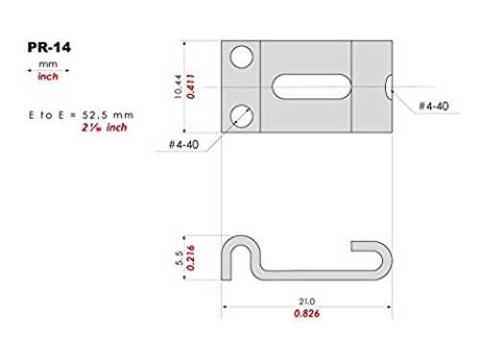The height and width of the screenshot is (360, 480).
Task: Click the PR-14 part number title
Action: pos(49,47)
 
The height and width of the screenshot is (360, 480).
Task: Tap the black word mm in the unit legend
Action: pos(48,64)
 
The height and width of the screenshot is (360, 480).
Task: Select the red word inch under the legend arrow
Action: pos(48,77)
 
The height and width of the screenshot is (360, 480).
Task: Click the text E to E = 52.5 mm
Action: pos(81,115)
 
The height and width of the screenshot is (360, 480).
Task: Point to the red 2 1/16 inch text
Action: pos(105,128)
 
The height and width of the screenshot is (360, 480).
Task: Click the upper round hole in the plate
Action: pos(242,57)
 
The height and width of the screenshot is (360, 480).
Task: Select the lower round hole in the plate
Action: pos(242,116)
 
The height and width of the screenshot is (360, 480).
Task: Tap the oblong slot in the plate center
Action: pos(311,86)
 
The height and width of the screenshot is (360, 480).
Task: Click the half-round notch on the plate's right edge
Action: pos(389,86)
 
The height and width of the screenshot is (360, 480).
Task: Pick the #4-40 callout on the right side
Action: pos(434,106)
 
